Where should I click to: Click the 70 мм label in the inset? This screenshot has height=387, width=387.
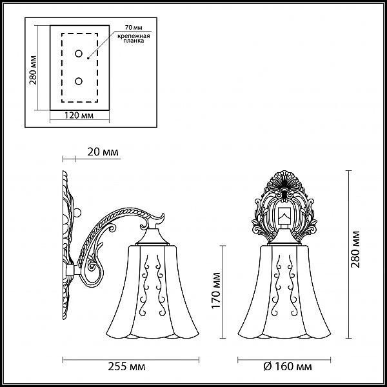134,28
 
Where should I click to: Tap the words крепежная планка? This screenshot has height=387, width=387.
134,38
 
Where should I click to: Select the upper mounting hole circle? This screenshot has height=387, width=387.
79,54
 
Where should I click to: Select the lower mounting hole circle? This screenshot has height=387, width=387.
79,81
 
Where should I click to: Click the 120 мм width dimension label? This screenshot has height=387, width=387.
79,115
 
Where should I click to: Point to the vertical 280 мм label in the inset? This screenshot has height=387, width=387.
33,70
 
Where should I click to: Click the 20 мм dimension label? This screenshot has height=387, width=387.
103,152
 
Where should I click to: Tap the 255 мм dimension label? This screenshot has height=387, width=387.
126,367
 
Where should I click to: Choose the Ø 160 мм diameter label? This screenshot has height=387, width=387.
288,367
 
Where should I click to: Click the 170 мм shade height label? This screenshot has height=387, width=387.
216,290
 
